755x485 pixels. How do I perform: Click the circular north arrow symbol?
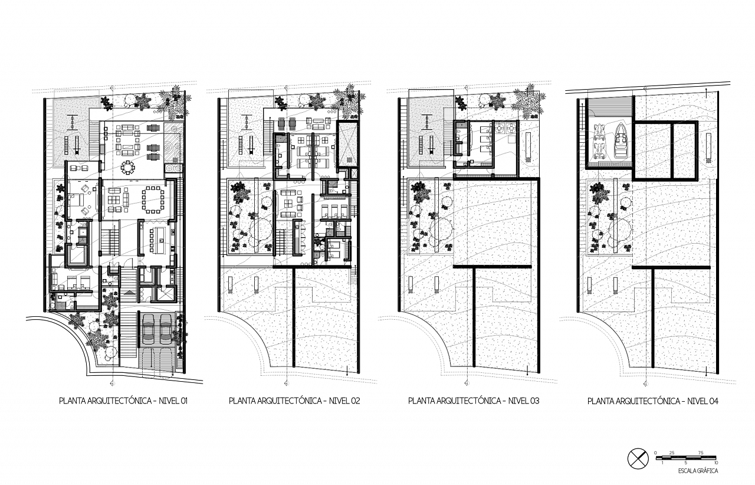(638, 459)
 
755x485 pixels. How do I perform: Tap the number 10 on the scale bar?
(715, 463)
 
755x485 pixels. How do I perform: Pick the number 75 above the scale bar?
(701, 453)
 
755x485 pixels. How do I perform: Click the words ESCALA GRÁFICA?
(698, 471)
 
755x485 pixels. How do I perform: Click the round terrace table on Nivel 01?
(128, 168)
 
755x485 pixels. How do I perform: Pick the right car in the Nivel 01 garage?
(166, 329)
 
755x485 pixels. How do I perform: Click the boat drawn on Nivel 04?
(621, 141)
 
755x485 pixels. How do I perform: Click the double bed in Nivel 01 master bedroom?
(77, 200)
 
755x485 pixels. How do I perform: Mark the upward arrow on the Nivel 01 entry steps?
(129, 294)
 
